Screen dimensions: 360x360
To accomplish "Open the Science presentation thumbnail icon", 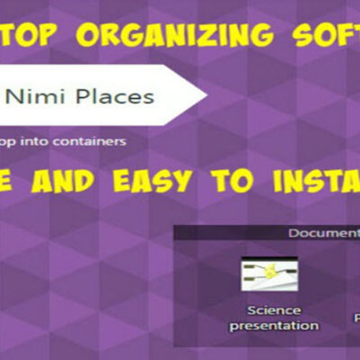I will (x=271, y=274).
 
